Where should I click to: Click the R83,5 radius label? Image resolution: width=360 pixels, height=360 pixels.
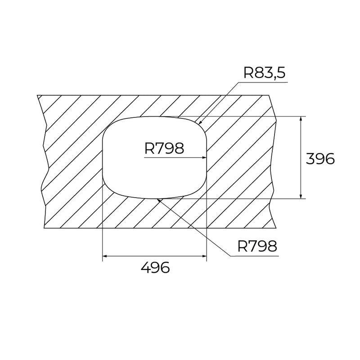click(x=264, y=72)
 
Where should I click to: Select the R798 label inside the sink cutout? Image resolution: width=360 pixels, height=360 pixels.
click(x=164, y=148)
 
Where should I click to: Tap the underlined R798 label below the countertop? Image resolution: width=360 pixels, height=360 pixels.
click(x=257, y=246)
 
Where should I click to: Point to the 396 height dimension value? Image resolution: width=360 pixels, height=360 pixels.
click(x=320, y=159)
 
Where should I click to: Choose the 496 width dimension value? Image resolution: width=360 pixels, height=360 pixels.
click(x=155, y=267)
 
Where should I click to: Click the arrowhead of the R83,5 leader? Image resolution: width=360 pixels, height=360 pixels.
click(x=199, y=123)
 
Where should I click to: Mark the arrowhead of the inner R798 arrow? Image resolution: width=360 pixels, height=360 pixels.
click(x=204, y=157)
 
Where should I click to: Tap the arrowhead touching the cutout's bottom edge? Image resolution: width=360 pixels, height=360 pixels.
click(x=158, y=200)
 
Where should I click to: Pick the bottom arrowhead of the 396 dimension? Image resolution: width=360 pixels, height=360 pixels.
click(x=301, y=196)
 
